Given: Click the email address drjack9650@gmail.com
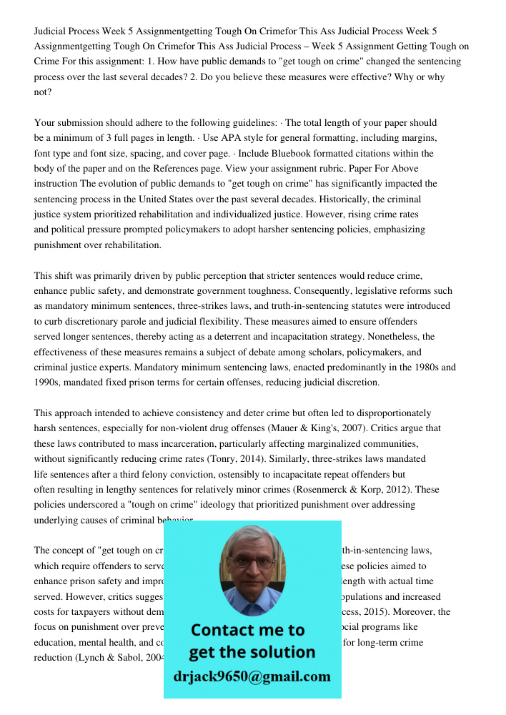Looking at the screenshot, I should (252, 676).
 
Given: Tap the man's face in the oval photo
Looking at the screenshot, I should (252, 568).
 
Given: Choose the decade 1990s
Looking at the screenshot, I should (49, 383).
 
